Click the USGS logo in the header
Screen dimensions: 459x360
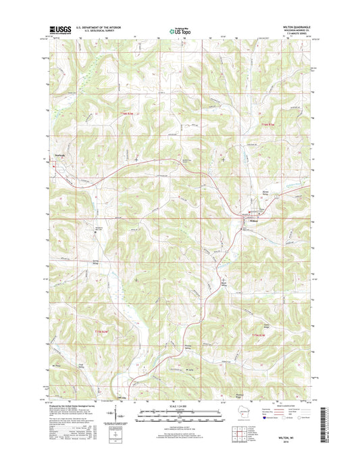click(x=60, y=29)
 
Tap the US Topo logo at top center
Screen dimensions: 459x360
click(x=179, y=30)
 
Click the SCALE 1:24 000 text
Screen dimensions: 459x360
click(x=180, y=406)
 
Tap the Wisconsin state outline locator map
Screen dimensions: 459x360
click(x=239, y=414)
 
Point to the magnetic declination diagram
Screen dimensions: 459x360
click(x=112, y=414)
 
